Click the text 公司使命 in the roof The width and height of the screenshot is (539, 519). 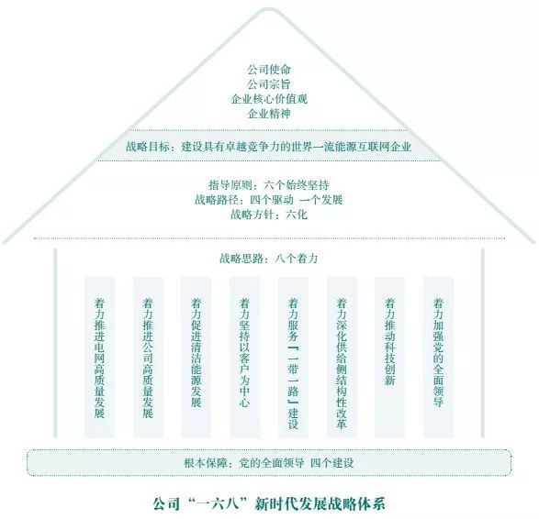(x=269, y=70)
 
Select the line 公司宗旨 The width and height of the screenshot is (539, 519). (x=269, y=84)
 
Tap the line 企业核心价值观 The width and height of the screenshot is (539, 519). (x=269, y=99)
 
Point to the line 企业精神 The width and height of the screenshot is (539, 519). (x=269, y=114)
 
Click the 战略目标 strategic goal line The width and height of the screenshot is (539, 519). (x=268, y=147)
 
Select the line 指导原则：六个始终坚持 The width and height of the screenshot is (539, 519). (x=269, y=185)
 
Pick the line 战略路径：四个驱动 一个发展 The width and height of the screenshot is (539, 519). (x=269, y=200)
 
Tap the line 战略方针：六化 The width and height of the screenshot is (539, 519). (x=269, y=215)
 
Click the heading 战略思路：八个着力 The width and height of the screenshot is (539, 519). (x=269, y=259)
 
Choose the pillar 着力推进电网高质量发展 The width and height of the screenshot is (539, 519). (x=99, y=358)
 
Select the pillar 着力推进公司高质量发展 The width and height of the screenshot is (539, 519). (x=148, y=358)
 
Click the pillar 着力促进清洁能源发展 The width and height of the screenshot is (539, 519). (x=196, y=358)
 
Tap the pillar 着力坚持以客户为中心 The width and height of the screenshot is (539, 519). (x=244, y=358)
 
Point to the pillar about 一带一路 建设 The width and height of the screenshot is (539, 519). (x=293, y=358)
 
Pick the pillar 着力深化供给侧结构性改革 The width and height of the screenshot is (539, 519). (x=342, y=358)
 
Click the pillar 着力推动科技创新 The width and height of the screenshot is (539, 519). (x=389, y=358)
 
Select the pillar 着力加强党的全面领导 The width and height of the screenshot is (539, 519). (x=438, y=358)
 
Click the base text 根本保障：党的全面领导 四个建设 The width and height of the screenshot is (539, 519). (x=269, y=463)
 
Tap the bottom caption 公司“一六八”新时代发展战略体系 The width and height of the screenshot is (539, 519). (x=269, y=504)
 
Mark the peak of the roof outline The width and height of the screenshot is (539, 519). (x=269, y=9)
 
